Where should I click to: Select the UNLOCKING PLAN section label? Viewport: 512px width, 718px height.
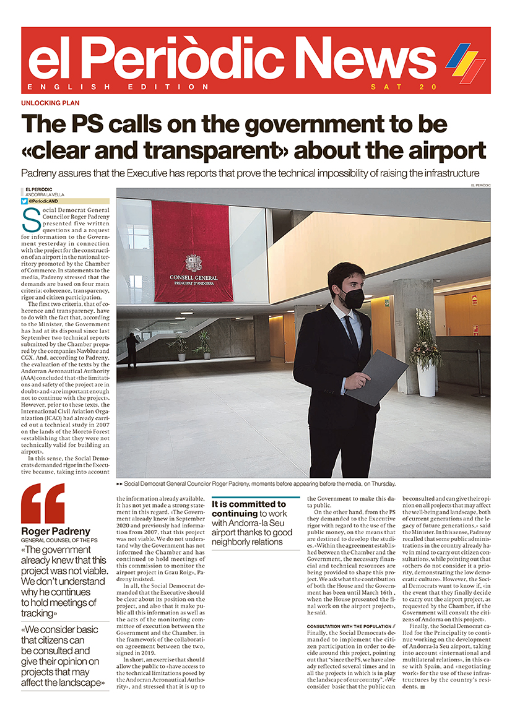coord(51,103)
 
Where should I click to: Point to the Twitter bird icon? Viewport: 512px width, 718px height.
coord(24,201)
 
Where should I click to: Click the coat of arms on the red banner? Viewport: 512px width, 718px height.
coord(192,262)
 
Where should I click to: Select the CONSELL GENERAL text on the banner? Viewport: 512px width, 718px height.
coord(193,278)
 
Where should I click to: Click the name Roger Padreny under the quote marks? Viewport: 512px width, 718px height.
coord(56,531)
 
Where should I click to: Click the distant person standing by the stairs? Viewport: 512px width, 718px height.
coord(132,347)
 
